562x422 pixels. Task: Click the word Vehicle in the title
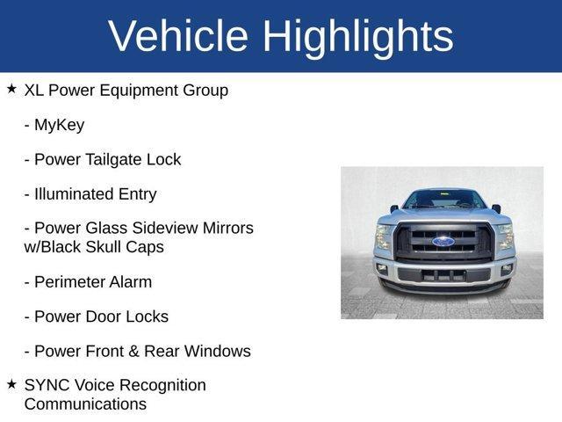(178, 36)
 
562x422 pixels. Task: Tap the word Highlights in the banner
(357, 36)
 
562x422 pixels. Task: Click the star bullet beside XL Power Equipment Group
(11, 89)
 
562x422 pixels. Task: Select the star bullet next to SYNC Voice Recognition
(11, 384)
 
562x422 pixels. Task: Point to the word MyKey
(59, 125)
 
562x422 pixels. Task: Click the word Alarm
(133, 282)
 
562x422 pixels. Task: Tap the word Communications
(85, 404)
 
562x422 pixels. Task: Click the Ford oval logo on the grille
(443, 241)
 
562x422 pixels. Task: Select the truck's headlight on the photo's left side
(384, 236)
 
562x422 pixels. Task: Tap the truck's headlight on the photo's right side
(504, 236)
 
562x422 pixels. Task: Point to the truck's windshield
(443, 200)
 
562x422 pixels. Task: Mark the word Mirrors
(223, 229)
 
